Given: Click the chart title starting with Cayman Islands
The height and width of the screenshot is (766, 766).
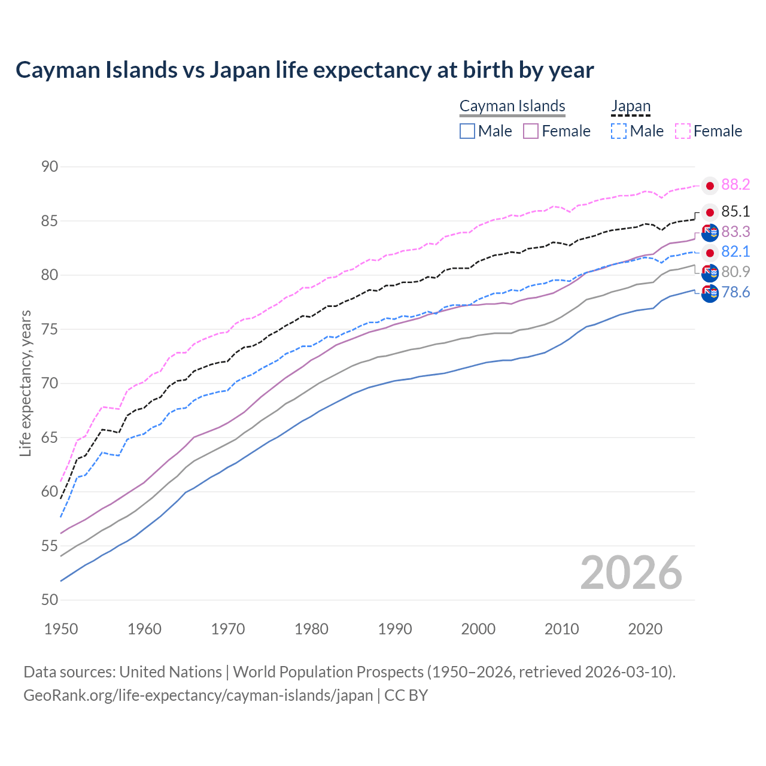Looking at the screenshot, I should [x=305, y=70].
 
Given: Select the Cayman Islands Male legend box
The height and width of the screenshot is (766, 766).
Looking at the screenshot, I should [x=467, y=131].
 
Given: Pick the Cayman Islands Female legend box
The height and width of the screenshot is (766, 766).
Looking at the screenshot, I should [x=531, y=131].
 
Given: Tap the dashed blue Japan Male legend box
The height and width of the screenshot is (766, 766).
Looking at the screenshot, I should [x=619, y=131].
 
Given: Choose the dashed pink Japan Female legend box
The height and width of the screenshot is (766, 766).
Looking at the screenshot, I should [x=683, y=131].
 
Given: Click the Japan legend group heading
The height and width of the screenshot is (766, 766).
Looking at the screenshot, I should [x=630, y=107].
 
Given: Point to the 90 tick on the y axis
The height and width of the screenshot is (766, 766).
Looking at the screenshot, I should [x=50, y=166].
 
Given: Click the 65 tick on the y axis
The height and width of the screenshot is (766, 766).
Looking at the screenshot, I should [x=50, y=437].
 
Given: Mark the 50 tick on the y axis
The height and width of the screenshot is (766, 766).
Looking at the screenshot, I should [x=50, y=600].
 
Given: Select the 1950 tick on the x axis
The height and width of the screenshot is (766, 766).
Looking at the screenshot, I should [x=61, y=629].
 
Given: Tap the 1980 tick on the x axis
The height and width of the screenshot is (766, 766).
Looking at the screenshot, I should [x=311, y=629].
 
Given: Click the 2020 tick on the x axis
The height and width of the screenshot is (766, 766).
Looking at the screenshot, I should [x=645, y=629].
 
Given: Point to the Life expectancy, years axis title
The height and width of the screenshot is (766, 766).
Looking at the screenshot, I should [x=25, y=383].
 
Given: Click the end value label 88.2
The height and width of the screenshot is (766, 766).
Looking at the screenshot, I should [x=735, y=185].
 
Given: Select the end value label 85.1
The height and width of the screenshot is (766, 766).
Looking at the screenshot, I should [x=735, y=212].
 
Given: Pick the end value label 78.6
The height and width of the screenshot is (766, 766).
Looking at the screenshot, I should [x=735, y=293].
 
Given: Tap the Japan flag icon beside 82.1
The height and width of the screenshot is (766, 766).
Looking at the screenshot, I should [x=710, y=253].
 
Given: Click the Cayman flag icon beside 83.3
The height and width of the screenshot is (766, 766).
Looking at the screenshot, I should [x=710, y=232].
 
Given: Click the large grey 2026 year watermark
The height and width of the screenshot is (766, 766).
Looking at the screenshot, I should [x=631, y=573].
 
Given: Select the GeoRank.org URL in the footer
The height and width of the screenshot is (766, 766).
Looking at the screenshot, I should [x=197, y=695].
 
